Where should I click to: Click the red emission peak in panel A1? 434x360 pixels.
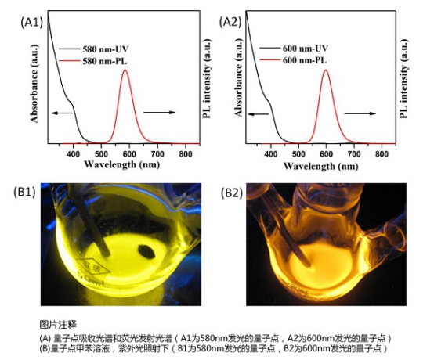pyautogui.click(x=125, y=72)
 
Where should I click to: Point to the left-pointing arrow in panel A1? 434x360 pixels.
pyautogui.click(x=62, y=113)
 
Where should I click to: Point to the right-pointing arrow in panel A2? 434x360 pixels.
pyautogui.click(x=360, y=113)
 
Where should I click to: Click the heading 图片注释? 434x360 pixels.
pyautogui.click(x=54, y=322)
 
